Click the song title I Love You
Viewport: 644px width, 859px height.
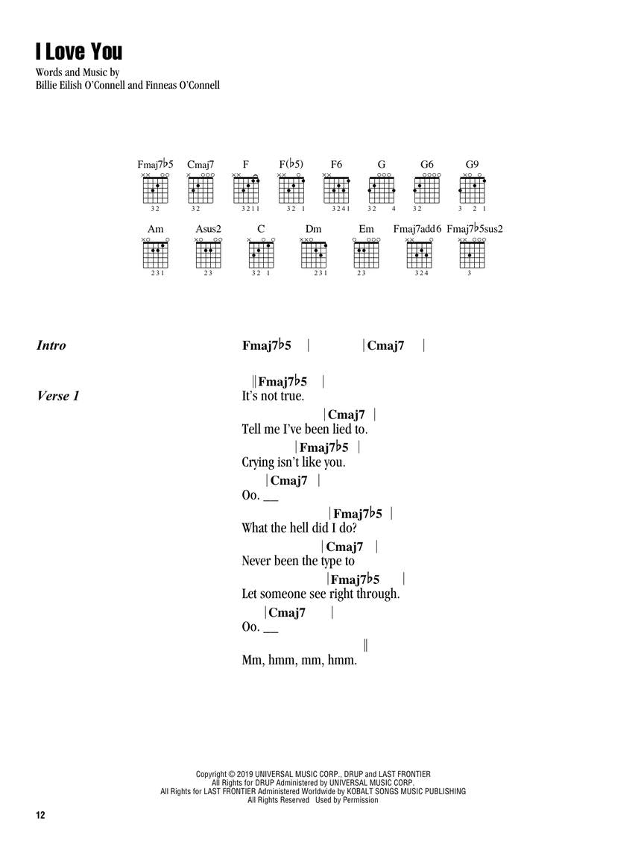pos(78,51)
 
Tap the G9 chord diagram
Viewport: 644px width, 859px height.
pos(472,191)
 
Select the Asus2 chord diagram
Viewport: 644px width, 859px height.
pos(208,255)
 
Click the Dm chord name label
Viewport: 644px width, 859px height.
pos(313,229)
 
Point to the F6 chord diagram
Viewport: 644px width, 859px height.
pos(336,191)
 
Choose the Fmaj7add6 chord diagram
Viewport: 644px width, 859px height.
pos(420,255)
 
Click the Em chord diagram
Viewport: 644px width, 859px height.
pos(366,255)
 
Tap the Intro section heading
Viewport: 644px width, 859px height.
pos(51,345)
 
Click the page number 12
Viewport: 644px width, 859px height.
pos(40,816)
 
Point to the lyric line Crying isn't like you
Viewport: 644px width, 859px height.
pos(293,462)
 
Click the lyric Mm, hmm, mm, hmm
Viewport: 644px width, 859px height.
pos(300,660)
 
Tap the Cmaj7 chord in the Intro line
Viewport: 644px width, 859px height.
pos(385,345)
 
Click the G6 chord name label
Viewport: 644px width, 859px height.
pos(427,164)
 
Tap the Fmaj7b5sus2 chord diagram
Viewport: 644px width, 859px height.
pos(473,255)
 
